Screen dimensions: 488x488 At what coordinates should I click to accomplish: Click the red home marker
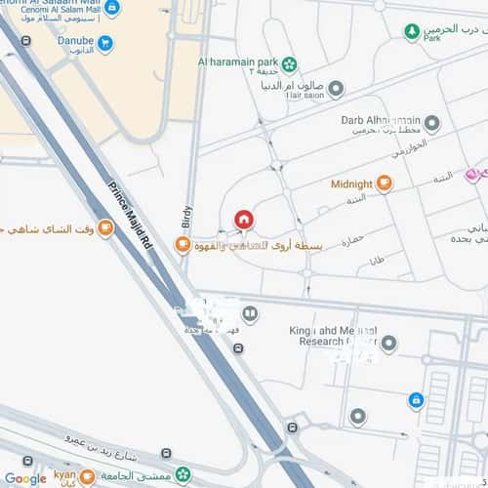coord(244,220)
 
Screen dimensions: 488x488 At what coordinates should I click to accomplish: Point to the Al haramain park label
coord(231,61)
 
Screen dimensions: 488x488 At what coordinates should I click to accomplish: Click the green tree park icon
coord(412,31)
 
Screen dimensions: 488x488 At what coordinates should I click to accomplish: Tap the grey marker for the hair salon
coord(336,90)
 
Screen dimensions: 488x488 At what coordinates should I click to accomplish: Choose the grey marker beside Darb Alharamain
coord(430,124)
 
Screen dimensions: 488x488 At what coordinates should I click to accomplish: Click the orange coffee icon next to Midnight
coord(385,183)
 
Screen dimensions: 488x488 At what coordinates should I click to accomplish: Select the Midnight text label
coord(351,183)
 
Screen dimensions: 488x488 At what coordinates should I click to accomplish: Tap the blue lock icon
coord(416,399)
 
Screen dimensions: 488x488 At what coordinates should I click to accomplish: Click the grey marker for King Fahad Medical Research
coord(389,344)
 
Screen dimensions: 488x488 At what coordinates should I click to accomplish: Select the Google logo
coord(24,478)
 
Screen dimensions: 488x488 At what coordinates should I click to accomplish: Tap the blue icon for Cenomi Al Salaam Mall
coord(113,8)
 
